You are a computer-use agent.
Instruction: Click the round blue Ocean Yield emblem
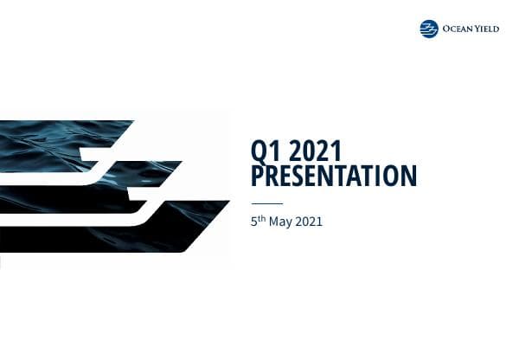tap(429, 29)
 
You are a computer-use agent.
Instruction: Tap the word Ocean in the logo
tap(457, 29)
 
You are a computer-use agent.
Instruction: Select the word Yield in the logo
tap(490, 29)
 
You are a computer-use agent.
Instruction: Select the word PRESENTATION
tap(334, 177)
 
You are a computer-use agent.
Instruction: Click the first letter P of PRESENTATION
tap(258, 177)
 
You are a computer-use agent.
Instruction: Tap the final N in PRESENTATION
tap(409, 177)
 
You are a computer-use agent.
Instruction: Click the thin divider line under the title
tap(266, 204)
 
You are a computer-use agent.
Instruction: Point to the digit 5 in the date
tap(254, 222)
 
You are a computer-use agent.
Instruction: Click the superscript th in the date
tap(263, 219)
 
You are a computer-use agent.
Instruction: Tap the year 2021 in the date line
tap(310, 222)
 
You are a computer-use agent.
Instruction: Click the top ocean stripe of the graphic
tap(61, 138)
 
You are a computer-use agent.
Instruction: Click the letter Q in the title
tap(259, 152)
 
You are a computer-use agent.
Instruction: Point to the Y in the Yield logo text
tap(478, 29)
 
